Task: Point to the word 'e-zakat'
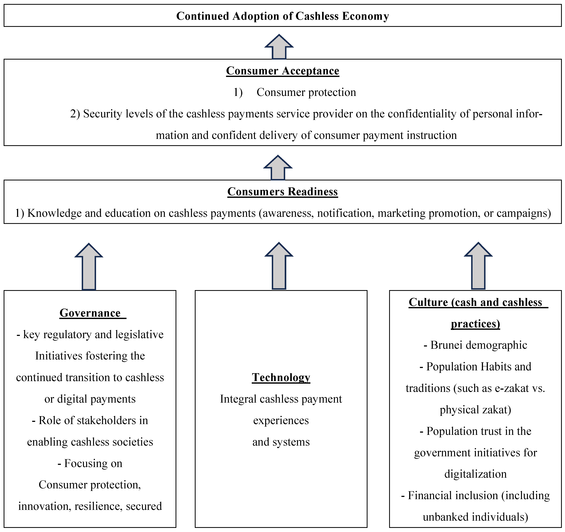(x=512, y=388)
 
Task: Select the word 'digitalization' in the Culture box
(x=475, y=474)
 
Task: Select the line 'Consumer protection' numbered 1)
(x=306, y=92)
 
